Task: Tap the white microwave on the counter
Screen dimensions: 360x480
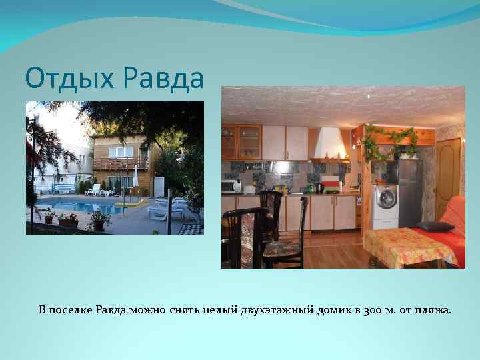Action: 230,186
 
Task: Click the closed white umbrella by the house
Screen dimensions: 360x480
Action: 136,177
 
